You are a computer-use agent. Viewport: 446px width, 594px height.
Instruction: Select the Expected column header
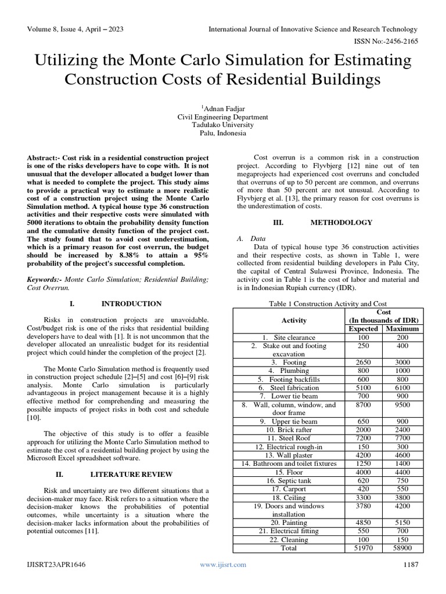[x=363, y=329]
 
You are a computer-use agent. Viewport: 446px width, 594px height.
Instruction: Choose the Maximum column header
[x=402, y=329]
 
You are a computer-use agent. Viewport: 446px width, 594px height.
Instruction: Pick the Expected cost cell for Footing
[x=363, y=363]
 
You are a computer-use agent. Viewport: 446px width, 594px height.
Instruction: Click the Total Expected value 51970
[x=363, y=548]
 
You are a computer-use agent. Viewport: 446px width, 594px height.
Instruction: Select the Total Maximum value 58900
[x=402, y=548]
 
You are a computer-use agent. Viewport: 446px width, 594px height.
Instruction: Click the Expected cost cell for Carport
[x=363, y=488]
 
